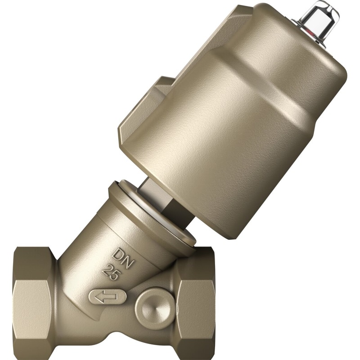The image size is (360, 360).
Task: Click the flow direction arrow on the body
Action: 107,297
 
